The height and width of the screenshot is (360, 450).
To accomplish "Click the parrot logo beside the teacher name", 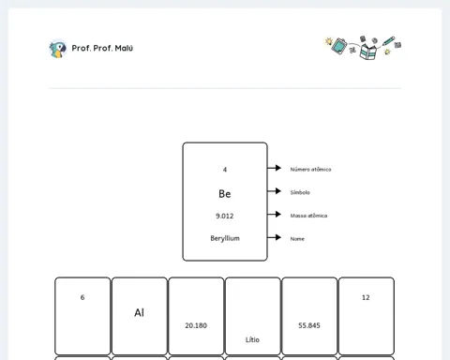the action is pos(58,49).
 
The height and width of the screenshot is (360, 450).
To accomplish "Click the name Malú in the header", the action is pos(124,48).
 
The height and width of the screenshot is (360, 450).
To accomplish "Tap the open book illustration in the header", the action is pos(368,51).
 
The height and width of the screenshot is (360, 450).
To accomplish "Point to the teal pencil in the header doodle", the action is pos(388,41).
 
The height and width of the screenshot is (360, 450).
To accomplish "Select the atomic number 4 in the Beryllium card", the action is pos(225,170).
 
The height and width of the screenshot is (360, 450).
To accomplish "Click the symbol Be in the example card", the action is pos(225,194).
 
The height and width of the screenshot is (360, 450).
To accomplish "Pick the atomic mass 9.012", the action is pos(225,216).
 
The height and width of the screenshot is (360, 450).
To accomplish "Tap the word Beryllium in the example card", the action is pos(225,238).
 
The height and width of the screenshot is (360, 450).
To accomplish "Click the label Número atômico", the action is pos(310,170).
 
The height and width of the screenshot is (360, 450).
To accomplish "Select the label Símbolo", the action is pos(300,192).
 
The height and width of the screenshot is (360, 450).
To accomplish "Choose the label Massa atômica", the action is pos(308,216).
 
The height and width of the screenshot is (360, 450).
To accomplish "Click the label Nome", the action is pos(297,239).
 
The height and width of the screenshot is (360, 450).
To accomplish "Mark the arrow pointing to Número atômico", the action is pos(275,168).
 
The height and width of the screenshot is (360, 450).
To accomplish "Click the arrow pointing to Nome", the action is pos(275,237).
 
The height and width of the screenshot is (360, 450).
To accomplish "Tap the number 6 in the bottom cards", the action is pos(82,297).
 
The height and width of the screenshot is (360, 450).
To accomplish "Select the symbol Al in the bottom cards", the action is pos(140,312).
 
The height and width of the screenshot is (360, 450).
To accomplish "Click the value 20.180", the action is pos(196,325).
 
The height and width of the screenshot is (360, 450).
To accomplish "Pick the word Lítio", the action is pos(252,339).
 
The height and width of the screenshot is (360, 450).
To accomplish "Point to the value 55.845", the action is pos(309,325).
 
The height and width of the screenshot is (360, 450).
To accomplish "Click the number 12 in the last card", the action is pos(366,297).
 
